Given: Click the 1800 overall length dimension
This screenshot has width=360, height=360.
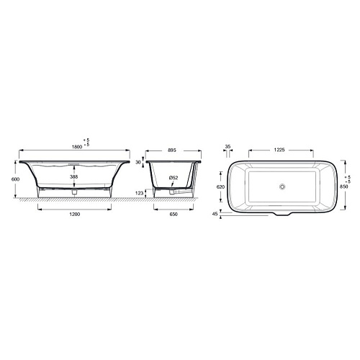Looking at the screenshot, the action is click(x=77, y=147).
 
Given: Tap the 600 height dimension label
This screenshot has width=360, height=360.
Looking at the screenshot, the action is click(x=15, y=179).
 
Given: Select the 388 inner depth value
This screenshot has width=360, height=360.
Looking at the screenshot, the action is click(x=74, y=176).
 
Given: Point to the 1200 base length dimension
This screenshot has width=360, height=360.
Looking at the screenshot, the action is click(x=75, y=214).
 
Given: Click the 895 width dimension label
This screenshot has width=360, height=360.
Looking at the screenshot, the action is click(x=172, y=150).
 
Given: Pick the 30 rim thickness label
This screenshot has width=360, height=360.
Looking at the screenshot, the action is click(x=138, y=163).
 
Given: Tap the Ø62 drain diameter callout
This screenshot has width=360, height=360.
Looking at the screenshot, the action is click(x=174, y=178).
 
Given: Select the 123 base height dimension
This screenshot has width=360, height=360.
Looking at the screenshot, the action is click(x=140, y=193).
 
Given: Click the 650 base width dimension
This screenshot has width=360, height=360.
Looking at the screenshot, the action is click(x=174, y=214).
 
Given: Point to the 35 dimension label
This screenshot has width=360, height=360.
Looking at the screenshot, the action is click(x=228, y=146).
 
